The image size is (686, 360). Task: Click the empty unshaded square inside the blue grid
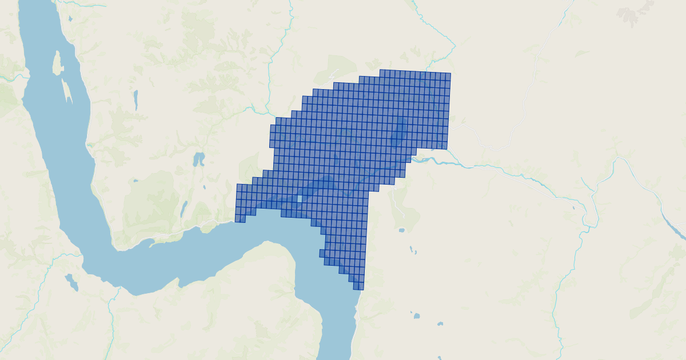click(299, 199)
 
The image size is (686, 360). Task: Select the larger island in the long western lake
click(57, 63)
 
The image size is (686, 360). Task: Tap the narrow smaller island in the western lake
click(67, 92)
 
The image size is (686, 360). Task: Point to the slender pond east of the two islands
click(135, 100)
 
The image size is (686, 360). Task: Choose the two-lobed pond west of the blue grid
click(198, 158)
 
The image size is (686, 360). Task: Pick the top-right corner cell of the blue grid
click(447, 77)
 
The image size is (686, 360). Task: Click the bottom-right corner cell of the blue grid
click(360, 286)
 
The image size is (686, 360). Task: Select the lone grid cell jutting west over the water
click(322, 253)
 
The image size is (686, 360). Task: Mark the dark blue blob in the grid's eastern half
click(398, 134)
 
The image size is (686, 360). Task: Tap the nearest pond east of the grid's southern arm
click(402, 230)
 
